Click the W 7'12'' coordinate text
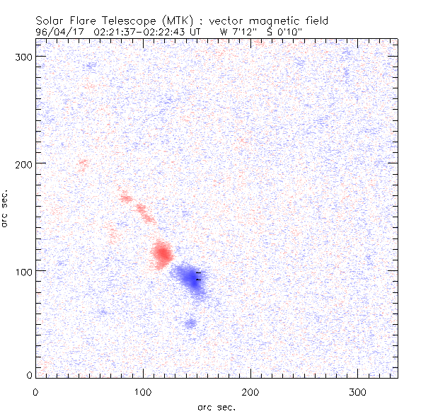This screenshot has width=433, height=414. click(235, 32)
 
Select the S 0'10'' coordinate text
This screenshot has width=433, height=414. click(282, 32)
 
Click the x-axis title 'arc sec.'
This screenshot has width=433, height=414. click(216, 407)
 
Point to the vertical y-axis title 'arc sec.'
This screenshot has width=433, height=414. click(6, 208)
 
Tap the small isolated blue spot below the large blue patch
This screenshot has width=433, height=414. click(190, 323)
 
